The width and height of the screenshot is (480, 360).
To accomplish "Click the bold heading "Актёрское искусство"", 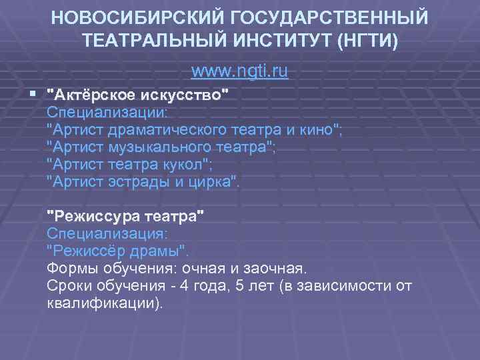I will (x=141, y=95).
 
